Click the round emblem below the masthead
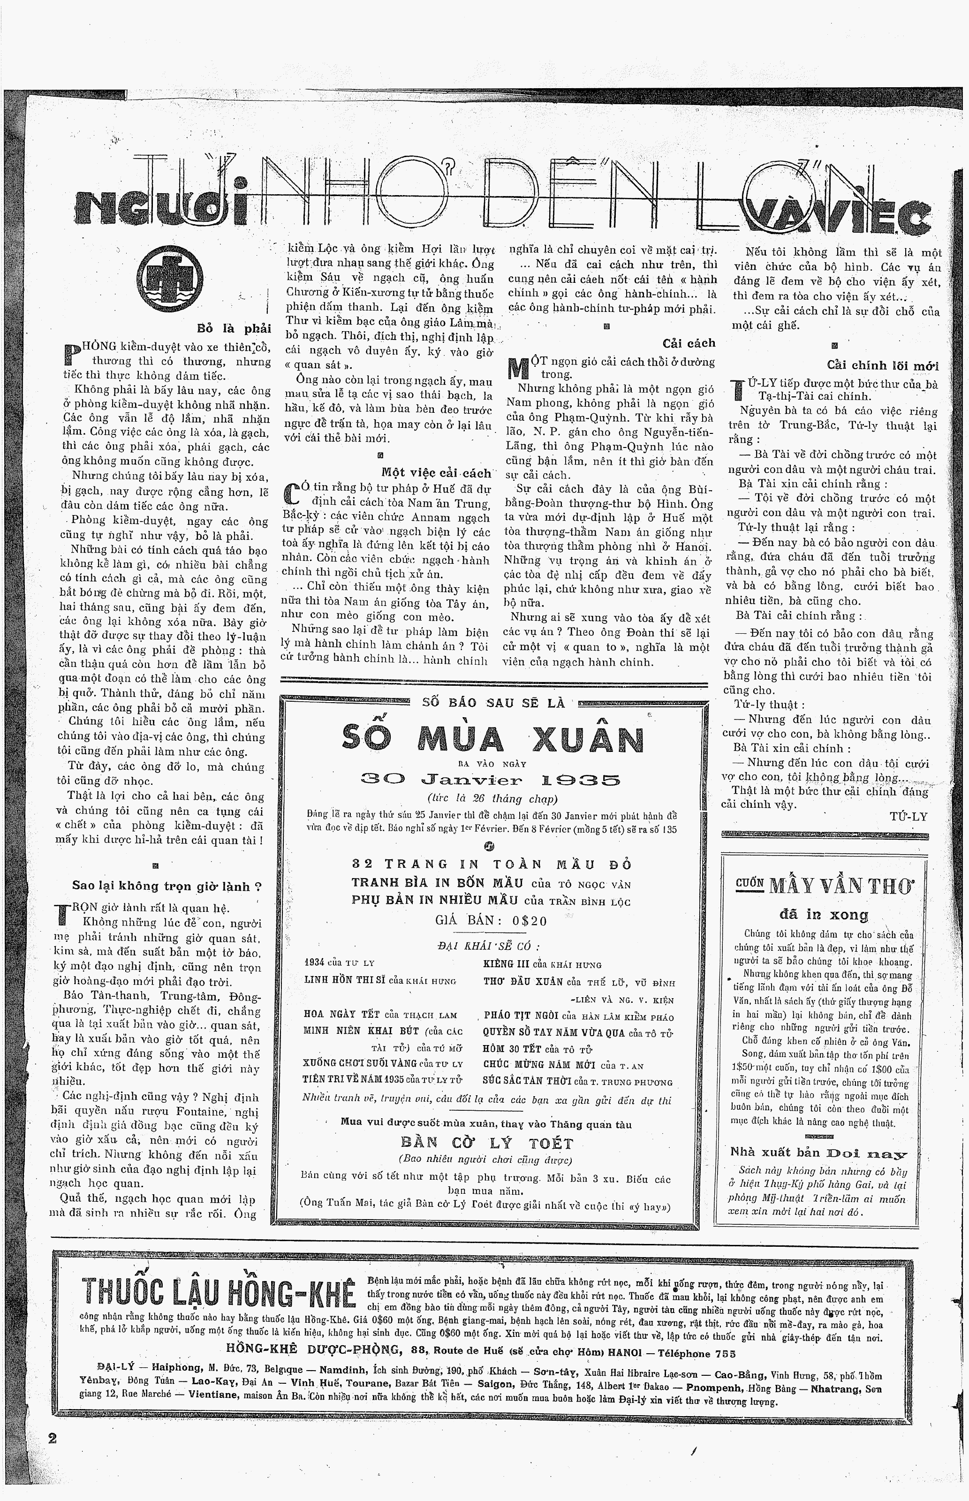click(169, 277)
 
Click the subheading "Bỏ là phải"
click(234, 328)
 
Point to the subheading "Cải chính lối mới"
click(882, 365)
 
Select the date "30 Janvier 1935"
click(490, 781)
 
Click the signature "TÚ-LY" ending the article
click(908, 817)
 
